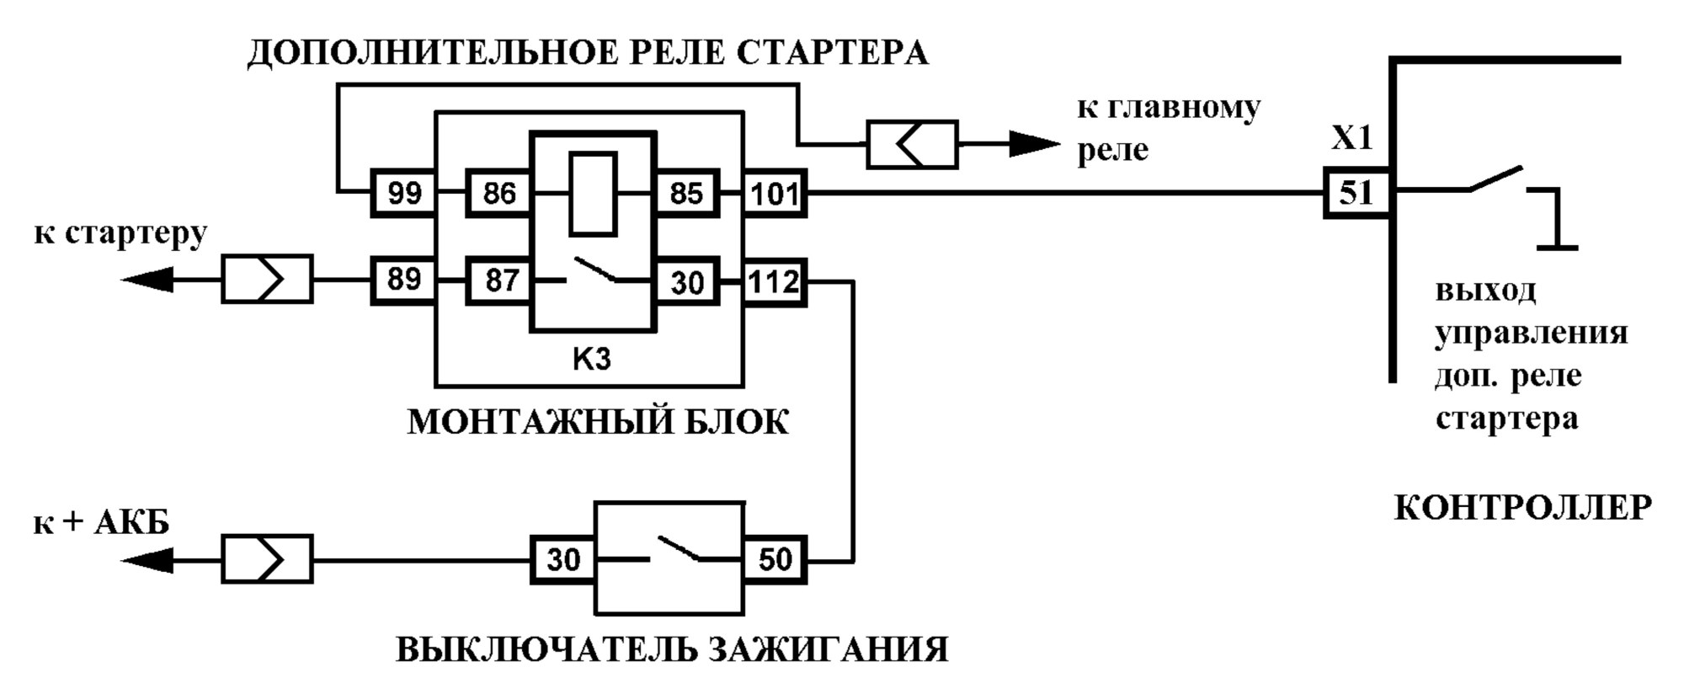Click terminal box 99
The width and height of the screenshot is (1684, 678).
point(403,194)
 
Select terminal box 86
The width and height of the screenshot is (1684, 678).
point(498,194)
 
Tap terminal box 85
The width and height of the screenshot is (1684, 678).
point(686,194)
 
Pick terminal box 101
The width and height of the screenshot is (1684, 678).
point(774,194)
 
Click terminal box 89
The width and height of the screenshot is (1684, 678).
point(403,280)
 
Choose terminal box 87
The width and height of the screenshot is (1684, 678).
point(498,280)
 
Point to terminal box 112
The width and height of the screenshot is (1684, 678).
point(774,281)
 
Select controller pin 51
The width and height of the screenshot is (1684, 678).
point(1356,194)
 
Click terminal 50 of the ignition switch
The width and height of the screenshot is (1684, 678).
point(774,559)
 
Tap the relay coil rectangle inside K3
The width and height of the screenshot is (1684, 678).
point(593,194)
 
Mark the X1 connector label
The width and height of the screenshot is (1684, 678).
point(1351,138)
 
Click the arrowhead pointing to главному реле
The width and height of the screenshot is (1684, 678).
point(1035,145)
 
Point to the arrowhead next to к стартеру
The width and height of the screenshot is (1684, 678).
point(147,279)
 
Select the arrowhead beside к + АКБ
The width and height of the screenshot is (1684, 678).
point(147,560)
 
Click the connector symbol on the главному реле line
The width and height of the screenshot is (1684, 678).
point(912,145)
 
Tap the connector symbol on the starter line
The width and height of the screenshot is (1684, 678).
point(267,280)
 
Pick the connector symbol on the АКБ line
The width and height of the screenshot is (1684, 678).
point(267,559)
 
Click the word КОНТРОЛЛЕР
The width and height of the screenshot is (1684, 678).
point(1522,509)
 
